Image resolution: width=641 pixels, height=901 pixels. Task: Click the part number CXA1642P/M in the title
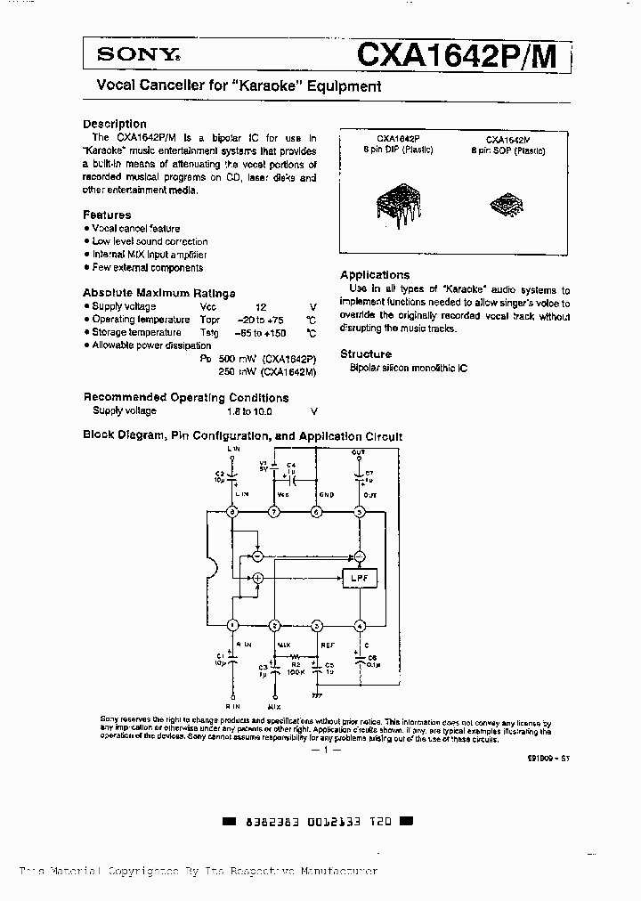coord(457,55)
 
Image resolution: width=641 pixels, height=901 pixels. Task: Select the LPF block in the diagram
coord(358,579)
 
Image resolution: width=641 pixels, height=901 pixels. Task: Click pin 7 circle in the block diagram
coord(275,512)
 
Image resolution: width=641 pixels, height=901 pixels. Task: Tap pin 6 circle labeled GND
coord(317,512)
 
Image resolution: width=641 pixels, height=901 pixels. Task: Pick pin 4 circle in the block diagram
coord(360,625)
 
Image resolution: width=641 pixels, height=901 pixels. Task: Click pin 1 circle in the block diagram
coord(233,625)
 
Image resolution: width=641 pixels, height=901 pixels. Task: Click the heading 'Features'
coord(107,215)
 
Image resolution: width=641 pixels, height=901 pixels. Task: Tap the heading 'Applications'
coord(375,275)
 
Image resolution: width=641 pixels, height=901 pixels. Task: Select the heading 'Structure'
coord(366,353)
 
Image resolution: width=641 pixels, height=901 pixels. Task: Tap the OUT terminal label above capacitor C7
coord(358,452)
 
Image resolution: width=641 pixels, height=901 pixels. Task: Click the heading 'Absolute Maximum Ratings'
coord(159,293)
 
